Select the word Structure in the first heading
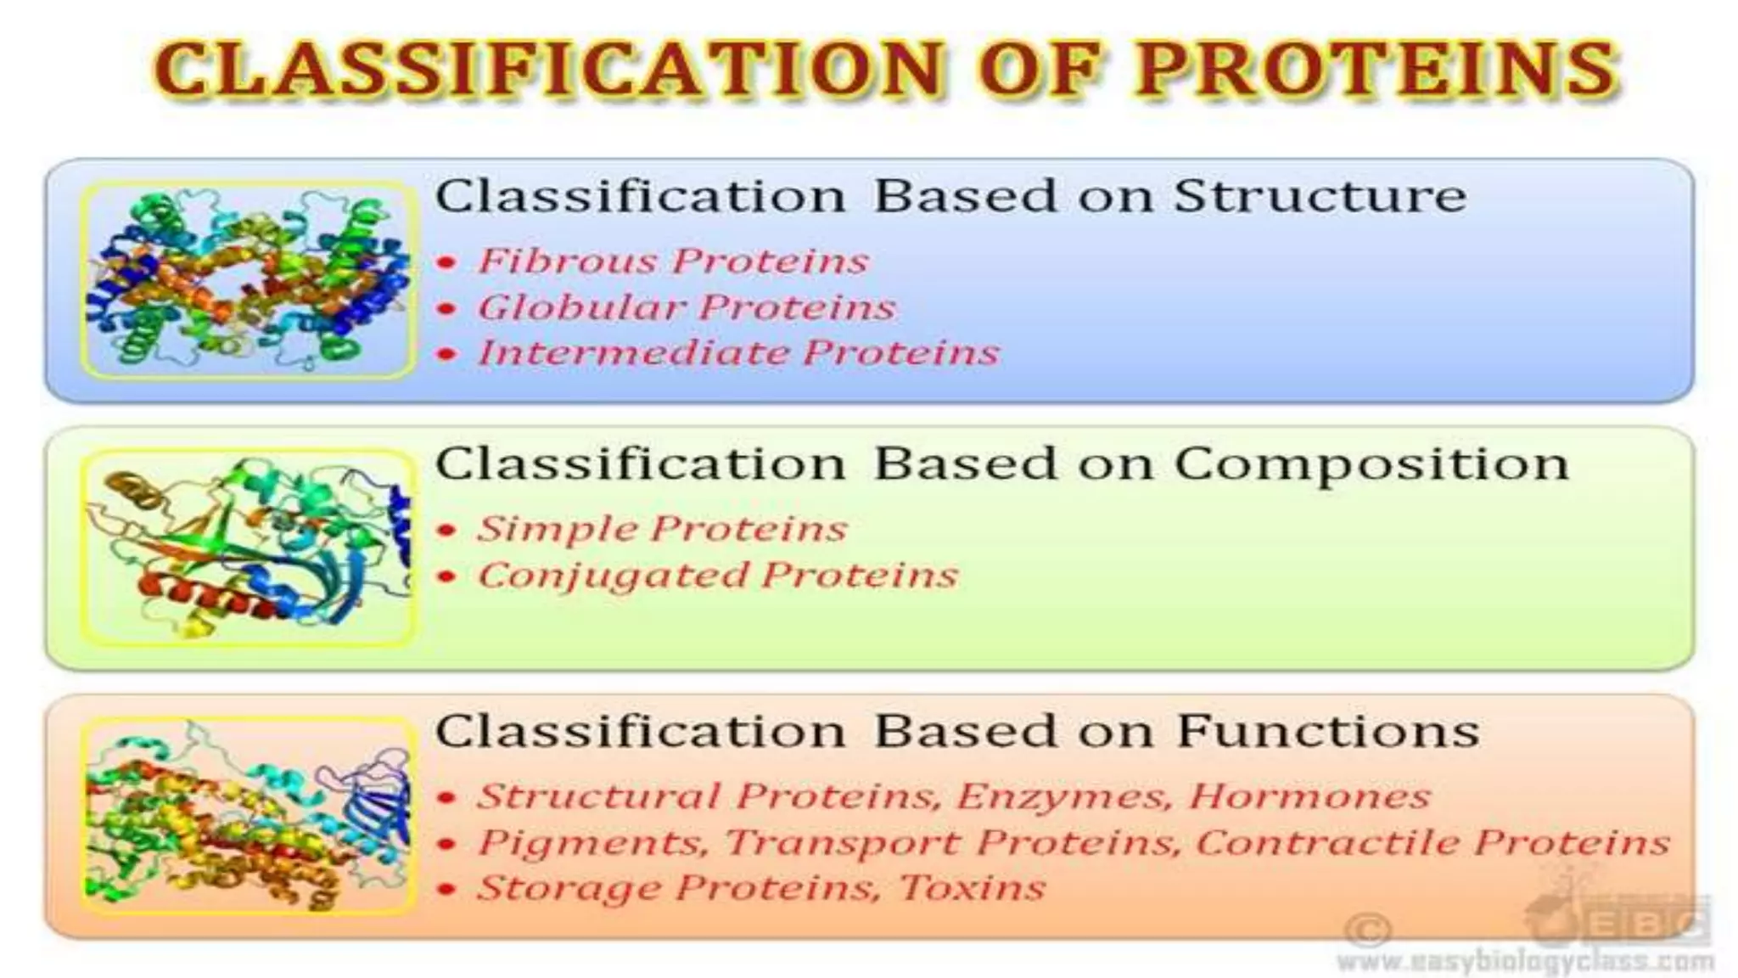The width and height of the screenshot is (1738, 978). (x=1320, y=196)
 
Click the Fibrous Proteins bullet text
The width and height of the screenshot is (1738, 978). (x=673, y=261)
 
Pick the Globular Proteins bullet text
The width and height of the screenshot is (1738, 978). (x=687, y=307)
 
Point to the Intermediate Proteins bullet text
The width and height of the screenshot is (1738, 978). (x=738, y=353)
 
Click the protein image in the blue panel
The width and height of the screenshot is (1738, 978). (x=248, y=279)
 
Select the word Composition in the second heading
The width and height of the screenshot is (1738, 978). (x=1371, y=465)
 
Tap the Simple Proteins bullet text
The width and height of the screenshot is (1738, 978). (x=662, y=529)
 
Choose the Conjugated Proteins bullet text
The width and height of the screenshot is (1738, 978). (x=718, y=576)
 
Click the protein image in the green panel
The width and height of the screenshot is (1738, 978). (x=248, y=548)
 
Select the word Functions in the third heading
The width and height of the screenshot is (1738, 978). (x=1328, y=732)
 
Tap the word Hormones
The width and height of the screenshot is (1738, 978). (x=1309, y=796)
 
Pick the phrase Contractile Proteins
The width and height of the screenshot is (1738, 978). (x=1432, y=843)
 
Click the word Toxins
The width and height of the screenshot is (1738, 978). (x=972, y=888)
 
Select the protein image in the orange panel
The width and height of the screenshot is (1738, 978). (x=248, y=816)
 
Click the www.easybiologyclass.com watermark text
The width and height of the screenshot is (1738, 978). (x=1525, y=962)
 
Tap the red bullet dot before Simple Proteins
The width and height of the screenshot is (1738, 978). (x=447, y=531)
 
